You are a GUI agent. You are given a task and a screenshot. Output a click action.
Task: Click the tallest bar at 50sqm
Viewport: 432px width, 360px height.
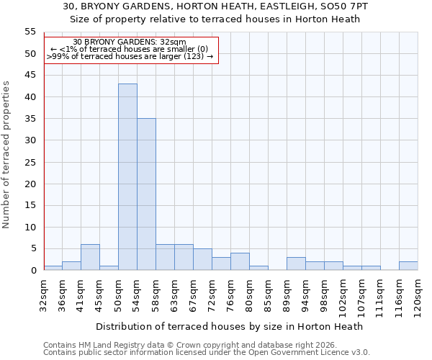127,177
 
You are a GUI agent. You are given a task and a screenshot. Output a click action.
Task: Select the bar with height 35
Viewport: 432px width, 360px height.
146,194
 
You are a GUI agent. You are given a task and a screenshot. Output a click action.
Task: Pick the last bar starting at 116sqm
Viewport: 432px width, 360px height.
408,266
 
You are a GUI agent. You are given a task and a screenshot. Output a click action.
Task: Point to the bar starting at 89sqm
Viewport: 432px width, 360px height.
296,264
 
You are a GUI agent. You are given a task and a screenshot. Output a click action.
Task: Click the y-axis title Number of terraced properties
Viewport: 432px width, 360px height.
6,155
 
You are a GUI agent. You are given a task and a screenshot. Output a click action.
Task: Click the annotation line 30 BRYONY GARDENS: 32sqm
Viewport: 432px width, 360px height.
130,42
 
